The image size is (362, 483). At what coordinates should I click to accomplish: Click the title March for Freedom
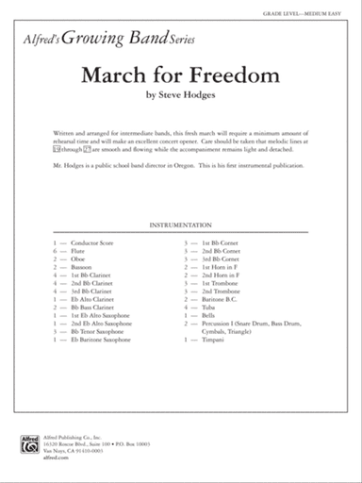click(x=180, y=75)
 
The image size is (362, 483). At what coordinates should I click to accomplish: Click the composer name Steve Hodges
click(x=181, y=95)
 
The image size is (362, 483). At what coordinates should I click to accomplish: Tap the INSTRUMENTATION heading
click(x=181, y=227)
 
